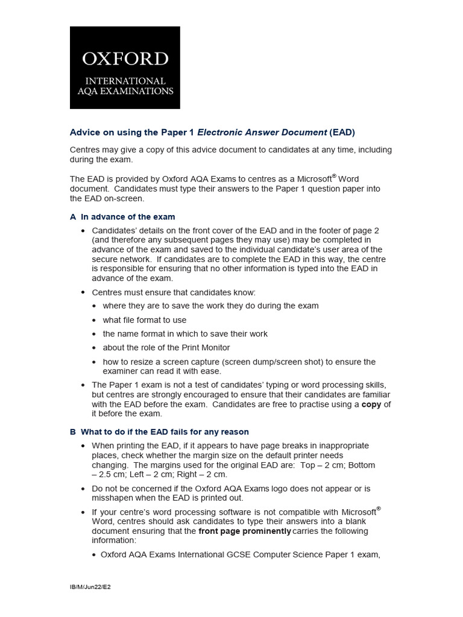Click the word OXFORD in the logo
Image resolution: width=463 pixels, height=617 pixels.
[x=125, y=59]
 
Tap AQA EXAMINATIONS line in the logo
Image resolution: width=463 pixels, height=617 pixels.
[x=125, y=92]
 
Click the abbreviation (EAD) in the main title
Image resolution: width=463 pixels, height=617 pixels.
[x=342, y=132]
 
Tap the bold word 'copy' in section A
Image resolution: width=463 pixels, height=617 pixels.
[x=371, y=404]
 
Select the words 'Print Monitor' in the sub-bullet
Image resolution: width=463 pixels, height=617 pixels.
[x=203, y=348]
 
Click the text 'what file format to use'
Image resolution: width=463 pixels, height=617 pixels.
[x=145, y=320]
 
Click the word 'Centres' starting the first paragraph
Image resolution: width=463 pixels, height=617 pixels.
[x=86, y=149]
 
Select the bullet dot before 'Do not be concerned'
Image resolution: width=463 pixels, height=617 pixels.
[x=83, y=489]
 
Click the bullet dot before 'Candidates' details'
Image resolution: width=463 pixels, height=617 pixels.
[x=83, y=231]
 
